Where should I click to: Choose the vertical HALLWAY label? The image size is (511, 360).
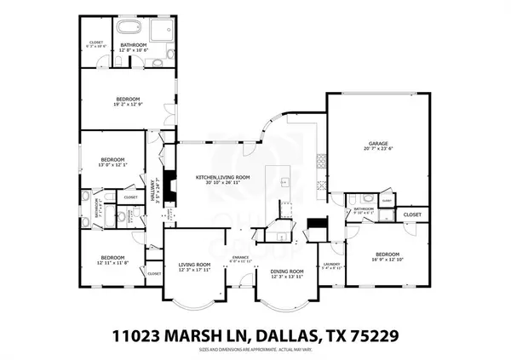[x=155, y=186]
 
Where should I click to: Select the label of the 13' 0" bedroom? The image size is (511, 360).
[x=112, y=160]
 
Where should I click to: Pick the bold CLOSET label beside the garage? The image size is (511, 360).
[x=411, y=214]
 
